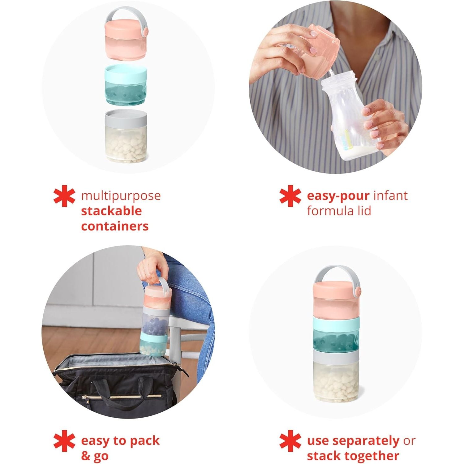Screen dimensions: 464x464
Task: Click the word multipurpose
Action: coord(121,196)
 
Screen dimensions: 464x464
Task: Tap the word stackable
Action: coord(111,211)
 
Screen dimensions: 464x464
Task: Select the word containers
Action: coord(115,226)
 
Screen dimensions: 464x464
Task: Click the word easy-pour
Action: coord(338,196)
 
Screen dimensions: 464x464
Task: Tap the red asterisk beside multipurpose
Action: coord(64,196)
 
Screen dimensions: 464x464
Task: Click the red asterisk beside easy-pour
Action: coord(290,196)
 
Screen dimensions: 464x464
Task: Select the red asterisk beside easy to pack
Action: coord(64,441)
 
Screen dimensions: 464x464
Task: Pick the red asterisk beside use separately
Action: coord(290,441)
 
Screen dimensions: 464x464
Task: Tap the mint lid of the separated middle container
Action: coord(126,71)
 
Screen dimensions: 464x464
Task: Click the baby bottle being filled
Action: coord(350,118)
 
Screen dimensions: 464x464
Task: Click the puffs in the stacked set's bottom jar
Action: coord(336,382)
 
